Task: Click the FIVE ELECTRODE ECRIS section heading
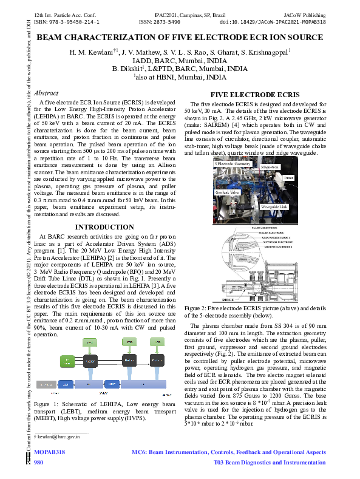(254, 95)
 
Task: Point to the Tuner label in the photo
(289, 178)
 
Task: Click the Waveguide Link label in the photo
(274, 207)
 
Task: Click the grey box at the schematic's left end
(48, 385)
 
